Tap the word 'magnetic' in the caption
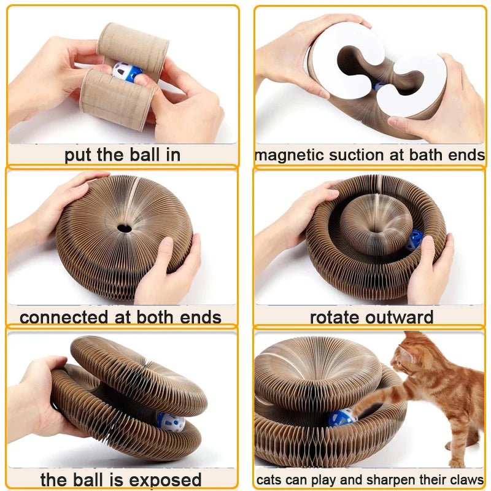pyautogui.click(x=290, y=155)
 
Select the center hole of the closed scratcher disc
pyautogui.click(x=124, y=228)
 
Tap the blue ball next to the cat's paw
pyautogui.click(x=341, y=417)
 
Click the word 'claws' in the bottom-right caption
pyautogui.click(x=466, y=479)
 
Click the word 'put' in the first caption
pyautogui.click(x=79, y=155)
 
